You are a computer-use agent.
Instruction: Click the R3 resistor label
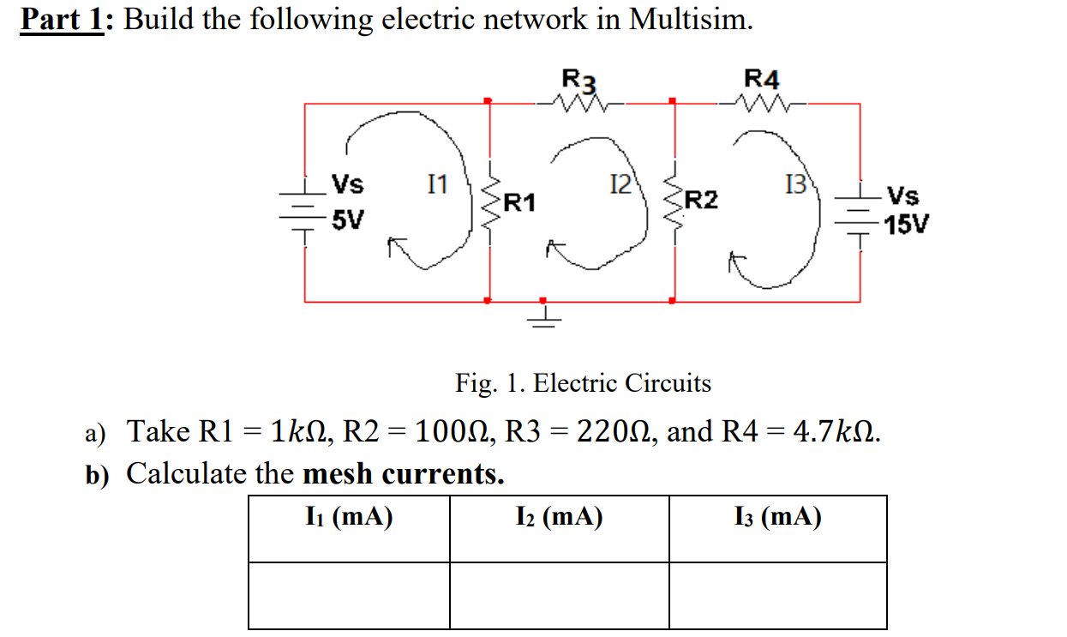578,79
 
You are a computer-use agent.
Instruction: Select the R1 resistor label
519,203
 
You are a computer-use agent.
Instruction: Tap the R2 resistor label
701,201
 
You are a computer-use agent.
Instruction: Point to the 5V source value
348,220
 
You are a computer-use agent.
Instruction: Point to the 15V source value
907,225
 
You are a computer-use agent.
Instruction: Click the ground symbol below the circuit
542,315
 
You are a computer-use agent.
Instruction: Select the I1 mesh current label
437,183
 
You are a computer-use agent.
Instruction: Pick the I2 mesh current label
619,183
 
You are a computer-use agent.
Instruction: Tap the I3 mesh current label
795,183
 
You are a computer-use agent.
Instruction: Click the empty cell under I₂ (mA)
559,596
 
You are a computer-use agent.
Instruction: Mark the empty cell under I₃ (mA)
777,596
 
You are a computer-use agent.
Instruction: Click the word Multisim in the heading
691,20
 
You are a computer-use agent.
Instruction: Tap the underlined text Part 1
62,20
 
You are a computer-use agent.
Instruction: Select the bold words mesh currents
404,473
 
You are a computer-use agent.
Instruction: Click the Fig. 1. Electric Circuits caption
583,382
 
